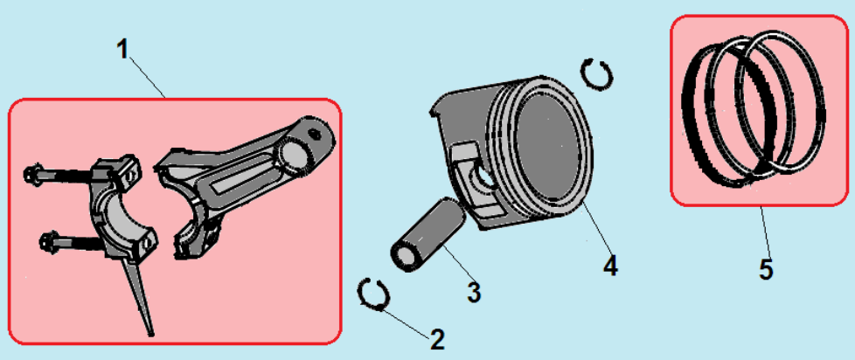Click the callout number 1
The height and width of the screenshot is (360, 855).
coord(123,50)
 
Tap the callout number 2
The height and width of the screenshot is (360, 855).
coord(437,340)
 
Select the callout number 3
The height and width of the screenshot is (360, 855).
coord(474,292)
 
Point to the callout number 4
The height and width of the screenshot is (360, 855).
coord(611,266)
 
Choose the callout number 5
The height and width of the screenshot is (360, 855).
coord(766,270)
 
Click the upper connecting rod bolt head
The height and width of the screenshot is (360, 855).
coord(31,174)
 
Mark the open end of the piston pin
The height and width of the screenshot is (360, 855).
coord(405,258)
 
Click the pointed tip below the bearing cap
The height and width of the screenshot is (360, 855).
coord(151,333)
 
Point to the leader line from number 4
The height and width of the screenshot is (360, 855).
coord(594,228)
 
